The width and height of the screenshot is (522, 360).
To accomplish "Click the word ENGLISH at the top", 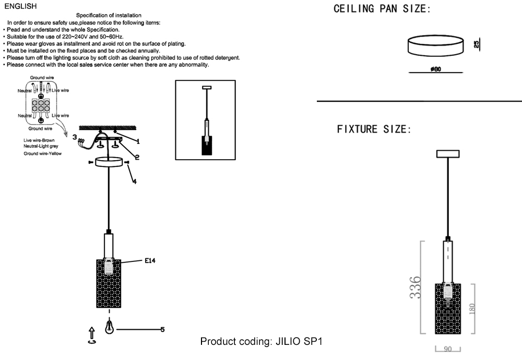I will pyautogui.click(x=20, y=6).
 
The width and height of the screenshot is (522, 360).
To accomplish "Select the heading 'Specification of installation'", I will pyautogui.click(x=109, y=16).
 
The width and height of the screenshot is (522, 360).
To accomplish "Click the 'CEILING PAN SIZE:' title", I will pyautogui.click(x=382, y=9).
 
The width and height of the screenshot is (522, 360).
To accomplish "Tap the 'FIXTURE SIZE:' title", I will pyautogui.click(x=374, y=129).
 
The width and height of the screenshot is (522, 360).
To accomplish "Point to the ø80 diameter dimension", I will pyautogui.click(x=436, y=68).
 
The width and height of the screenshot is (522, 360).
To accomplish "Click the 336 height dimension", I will pyautogui.click(x=415, y=287).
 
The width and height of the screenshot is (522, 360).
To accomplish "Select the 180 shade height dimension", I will pyautogui.click(x=472, y=309).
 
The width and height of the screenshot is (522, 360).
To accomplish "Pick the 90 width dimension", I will pyautogui.click(x=447, y=350).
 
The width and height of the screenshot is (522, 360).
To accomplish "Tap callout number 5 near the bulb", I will pyautogui.click(x=162, y=329).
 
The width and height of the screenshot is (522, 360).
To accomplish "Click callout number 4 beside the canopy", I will pyautogui.click(x=134, y=181).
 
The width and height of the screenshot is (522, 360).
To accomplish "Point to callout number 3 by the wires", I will pyautogui.click(x=75, y=137).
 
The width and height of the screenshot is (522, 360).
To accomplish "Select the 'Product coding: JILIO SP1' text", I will pyautogui.click(x=262, y=342).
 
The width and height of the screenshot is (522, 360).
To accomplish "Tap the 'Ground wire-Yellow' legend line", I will pyautogui.click(x=43, y=154).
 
